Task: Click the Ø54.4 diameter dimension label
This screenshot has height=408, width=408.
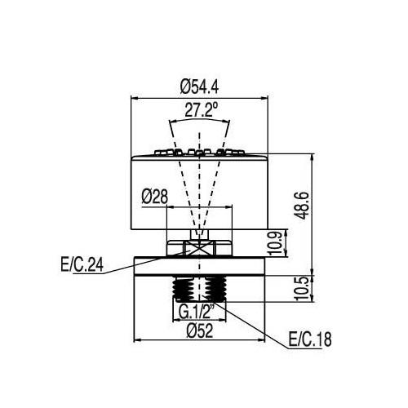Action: pos(199,86)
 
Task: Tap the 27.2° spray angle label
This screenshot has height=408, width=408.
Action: pos(202,109)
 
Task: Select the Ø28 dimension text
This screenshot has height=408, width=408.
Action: pos(155,197)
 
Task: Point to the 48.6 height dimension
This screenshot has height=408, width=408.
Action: pos(302,206)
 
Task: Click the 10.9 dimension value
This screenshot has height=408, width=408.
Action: pos(276,243)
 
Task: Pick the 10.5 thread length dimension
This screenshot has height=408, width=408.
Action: pos(302,288)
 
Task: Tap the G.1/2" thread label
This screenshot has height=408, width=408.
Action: pos(197,312)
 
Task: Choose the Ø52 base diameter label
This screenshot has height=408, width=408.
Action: pos(200,331)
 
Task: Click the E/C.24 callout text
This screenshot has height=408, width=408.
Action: pos(82,264)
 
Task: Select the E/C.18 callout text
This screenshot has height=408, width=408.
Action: pos(310,339)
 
